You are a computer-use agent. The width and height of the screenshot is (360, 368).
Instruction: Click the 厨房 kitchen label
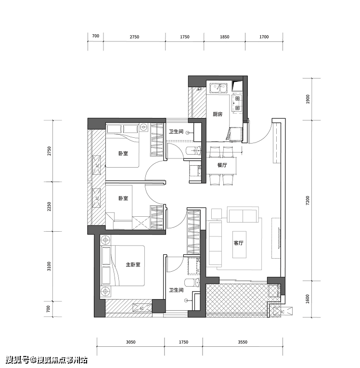pyautogui.click(x=218, y=114)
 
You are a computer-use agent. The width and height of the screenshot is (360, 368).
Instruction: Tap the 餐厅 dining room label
pyautogui.click(x=222, y=165)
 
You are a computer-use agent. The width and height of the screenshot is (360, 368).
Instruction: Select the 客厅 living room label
pyautogui.click(x=238, y=243)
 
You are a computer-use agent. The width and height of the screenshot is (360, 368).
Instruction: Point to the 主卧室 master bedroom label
pyautogui.click(x=133, y=264)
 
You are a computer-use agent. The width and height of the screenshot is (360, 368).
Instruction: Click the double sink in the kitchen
pyautogui.click(x=219, y=88)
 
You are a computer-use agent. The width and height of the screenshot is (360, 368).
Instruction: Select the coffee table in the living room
pyautogui.click(x=240, y=245)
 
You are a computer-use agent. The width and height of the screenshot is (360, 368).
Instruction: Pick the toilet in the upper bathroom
pyautogui.click(x=194, y=150)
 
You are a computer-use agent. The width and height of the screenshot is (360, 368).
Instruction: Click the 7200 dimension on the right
pyautogui.click(x=308, y=200)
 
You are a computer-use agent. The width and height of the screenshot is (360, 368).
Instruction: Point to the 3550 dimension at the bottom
pyautogui.click(x=243, y=342)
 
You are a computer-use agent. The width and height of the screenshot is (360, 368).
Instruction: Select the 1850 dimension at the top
pyautogui.click(x=224, y=37)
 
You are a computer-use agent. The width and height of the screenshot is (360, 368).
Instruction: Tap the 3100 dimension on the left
pyautogui.click(x=49, y=266)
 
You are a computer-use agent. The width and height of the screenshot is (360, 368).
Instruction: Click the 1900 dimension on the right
pyautogui.click(x=308, y=99)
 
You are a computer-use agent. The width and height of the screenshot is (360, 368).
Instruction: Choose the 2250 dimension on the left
pyautogui.click(x=49, y=207)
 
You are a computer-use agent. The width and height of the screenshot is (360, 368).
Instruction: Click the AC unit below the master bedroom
pyautogui.click(x=141, y=308)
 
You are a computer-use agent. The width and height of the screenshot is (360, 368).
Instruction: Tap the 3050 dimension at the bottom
pyautogui.click(x=130, y=342)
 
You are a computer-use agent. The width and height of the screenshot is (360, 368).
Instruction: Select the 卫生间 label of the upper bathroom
pyautogui.click(x=176, y=131)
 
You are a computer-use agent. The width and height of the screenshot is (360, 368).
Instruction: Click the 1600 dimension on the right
pyautogui.click(x=308, y=299)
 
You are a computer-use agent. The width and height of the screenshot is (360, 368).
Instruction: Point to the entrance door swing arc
pyautogui.click(x=266, y=136)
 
